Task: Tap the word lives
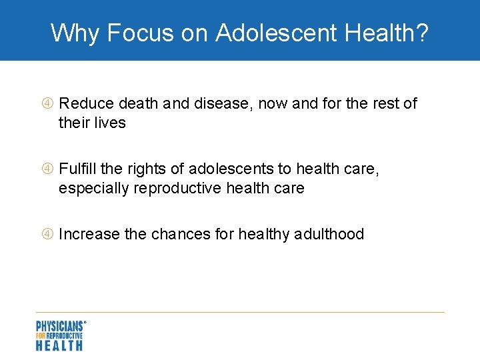110,123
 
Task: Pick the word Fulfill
78,169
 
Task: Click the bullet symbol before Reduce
49,103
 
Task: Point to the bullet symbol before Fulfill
49,169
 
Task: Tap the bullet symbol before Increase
49,234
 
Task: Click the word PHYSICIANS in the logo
59,326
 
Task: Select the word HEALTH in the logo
59,345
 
